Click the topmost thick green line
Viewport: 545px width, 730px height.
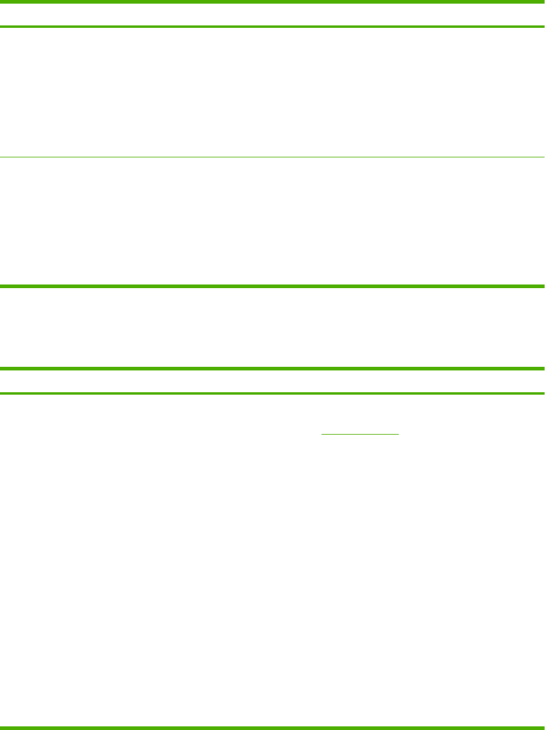click(272, 2)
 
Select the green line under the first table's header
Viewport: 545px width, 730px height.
click(272, 27)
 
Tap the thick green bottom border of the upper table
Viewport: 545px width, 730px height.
click(272, 285)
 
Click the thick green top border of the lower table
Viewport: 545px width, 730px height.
click(272, 368)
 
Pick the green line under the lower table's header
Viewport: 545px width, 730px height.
click(272, 393)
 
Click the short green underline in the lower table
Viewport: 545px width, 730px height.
click(360, 434)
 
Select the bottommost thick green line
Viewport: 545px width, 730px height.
click(272, 727)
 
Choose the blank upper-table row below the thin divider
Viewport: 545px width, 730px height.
click(272, 222)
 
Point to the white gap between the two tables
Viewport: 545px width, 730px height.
click(272, 327)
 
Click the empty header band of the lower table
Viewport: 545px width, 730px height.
click(272, 381)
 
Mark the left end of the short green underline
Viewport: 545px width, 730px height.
click(322, 434)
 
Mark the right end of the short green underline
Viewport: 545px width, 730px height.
click(398, 434)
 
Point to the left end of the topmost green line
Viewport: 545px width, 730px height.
click(2, 2)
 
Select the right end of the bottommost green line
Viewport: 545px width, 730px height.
click(543, 727)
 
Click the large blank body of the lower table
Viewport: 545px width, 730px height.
click(272, 563)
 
